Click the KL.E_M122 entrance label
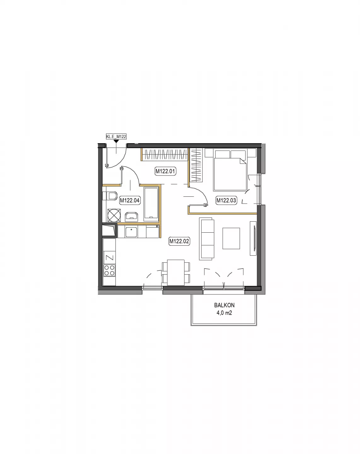click(x=116, y=137)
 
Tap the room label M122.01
click(x=165, y=171)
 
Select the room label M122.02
click(x=179, y=241)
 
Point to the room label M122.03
click(x=226, y=200)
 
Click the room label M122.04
click(x=129, y=200)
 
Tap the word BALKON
click(x=224, y=305)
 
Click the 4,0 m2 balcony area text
click(x=224, y=313)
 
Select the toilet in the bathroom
click(x=110, y=196)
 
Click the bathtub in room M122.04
click(x=151, y=204)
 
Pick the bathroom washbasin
click(x=131, y=217)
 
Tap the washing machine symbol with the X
click(x=114, y=215)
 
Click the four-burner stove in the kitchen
click(x=109, y=271)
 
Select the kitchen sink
click(x=131, y=232)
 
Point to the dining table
click(x=176, y=273)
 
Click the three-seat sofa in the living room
click(x=207, y=239)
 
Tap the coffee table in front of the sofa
click(x=231, y=238)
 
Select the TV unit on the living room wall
click(x=253, y=238)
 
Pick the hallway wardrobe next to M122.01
click(x=164, y=154)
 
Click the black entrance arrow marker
click(x=116, y=141)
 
